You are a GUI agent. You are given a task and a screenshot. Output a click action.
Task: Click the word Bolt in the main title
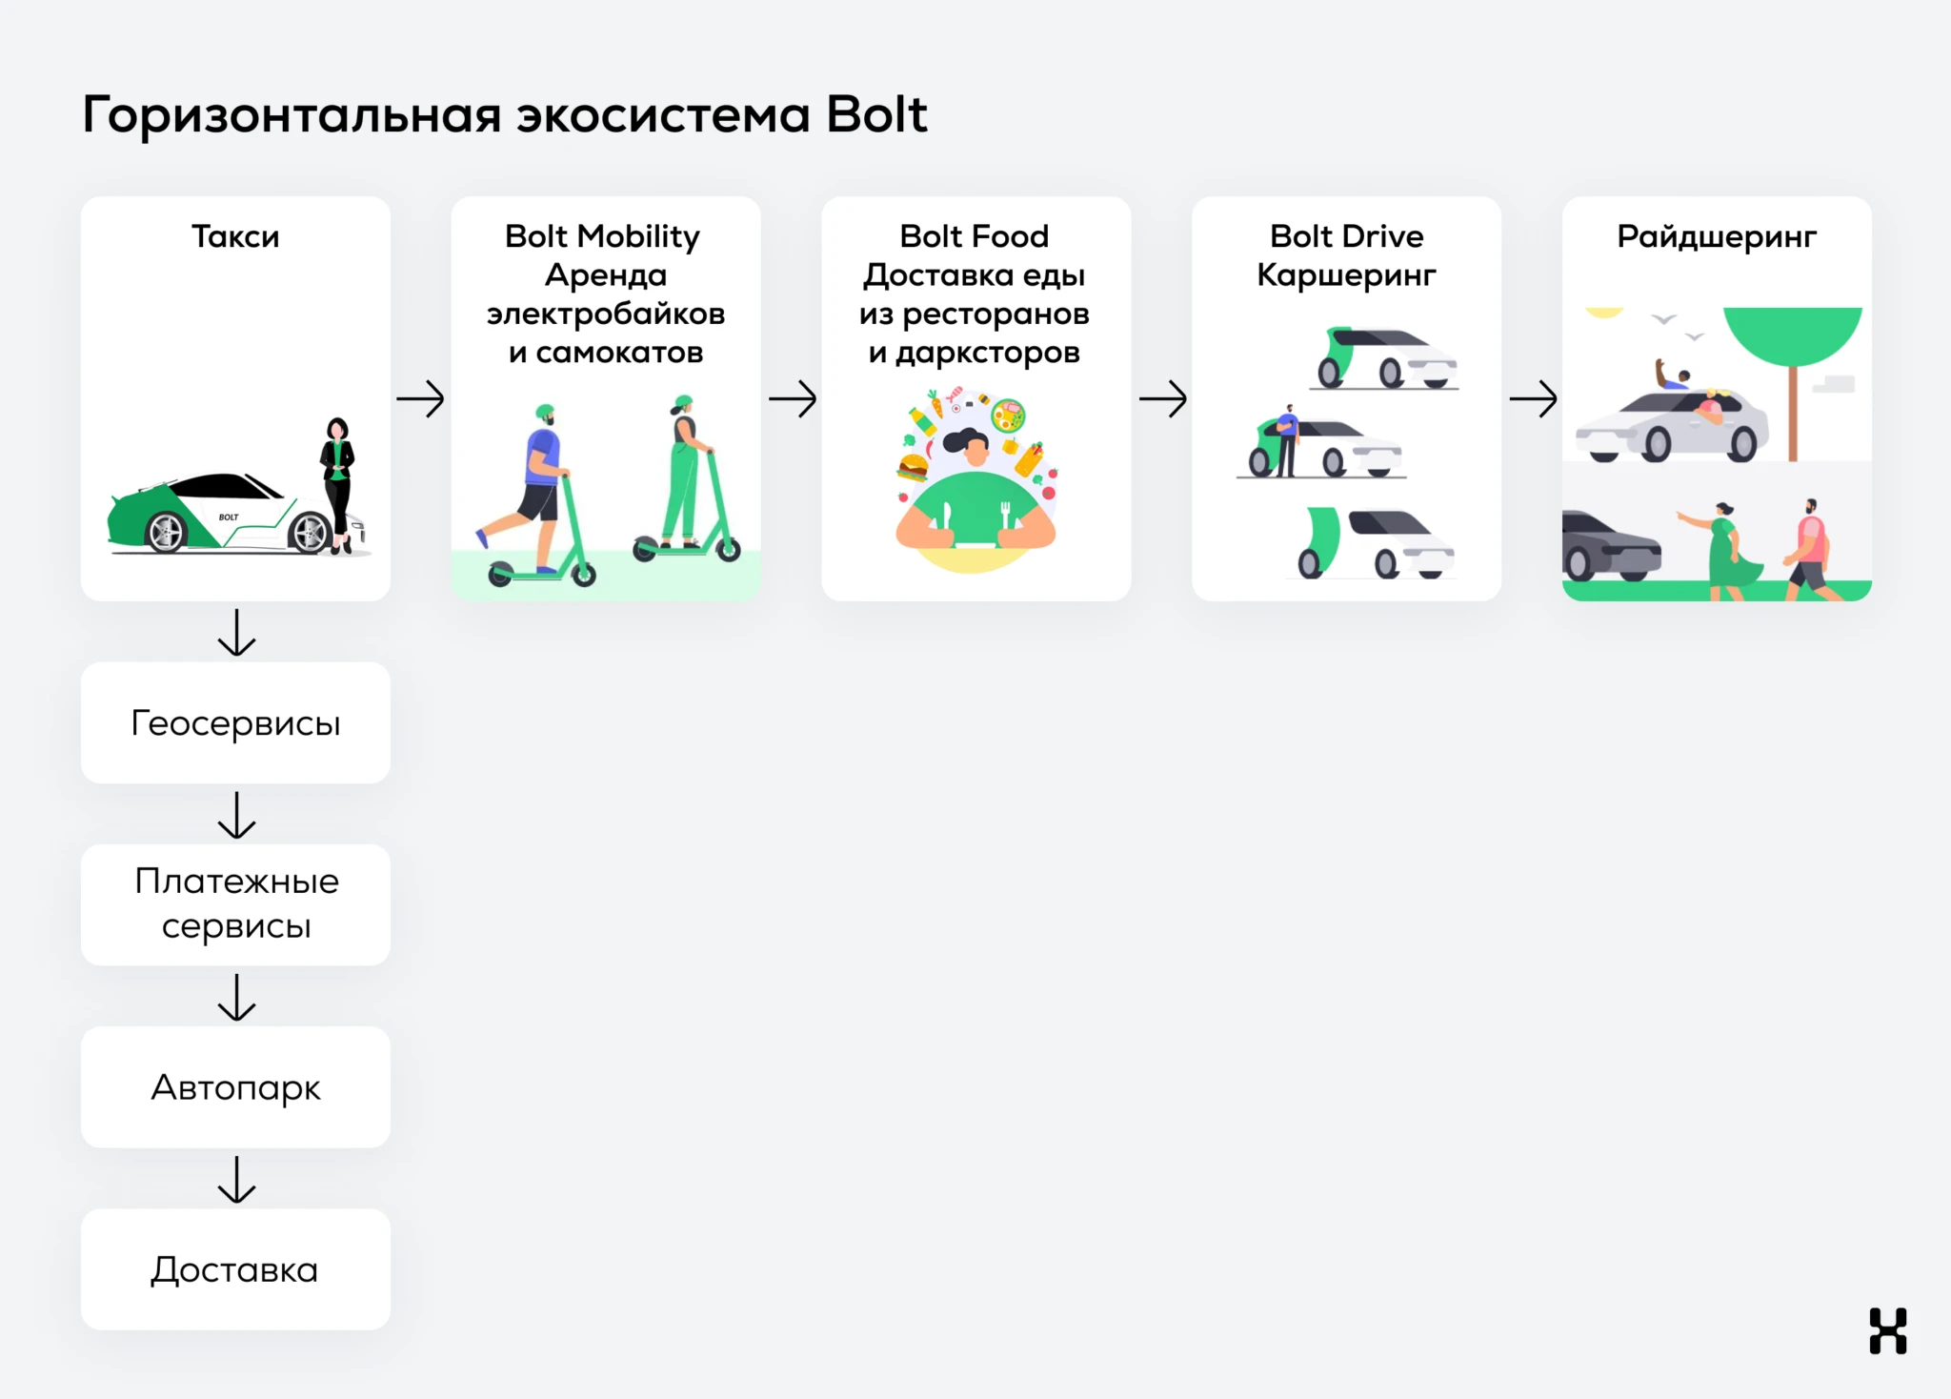click(x=875, y=115)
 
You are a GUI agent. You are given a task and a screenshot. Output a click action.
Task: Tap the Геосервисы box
click(x=235, y=723)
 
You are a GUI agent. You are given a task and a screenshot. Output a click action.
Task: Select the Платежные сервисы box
click(x=235, y=904)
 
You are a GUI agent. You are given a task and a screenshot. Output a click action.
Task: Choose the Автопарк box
click(x=235, y=1087)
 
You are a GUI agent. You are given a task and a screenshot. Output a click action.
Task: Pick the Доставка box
click(x=235, y=1269)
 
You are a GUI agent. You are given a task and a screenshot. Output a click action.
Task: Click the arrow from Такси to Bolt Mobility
click(x=420, y=398)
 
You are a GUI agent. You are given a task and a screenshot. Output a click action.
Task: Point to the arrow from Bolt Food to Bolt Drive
click(x=1162, y=398)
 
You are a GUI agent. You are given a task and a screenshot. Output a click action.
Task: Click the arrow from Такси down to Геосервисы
click(x=236, y=633)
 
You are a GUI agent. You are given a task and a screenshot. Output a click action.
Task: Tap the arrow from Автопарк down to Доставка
click(x=236, y=1180)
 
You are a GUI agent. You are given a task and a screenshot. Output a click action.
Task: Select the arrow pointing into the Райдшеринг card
click(x=1533, y=398)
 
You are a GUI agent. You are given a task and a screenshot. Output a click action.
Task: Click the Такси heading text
click(x=235, y=236)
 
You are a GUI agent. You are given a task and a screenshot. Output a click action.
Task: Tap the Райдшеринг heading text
click(x=1717, y=236)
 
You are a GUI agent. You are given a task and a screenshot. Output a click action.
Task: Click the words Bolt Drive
click(x=1346, y=236)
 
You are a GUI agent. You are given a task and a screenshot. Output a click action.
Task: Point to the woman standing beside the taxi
click(x=337, y=481)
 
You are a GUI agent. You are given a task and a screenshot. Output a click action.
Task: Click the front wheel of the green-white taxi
click(x=310, y=532)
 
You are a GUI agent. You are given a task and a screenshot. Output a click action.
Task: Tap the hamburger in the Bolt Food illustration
click(x=913, y=467)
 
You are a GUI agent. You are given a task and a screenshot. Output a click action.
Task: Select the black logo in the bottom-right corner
click(x=1887, y=1330)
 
